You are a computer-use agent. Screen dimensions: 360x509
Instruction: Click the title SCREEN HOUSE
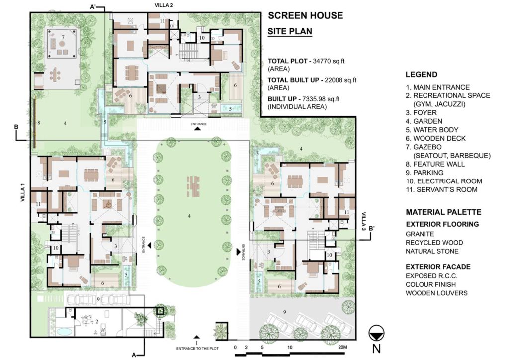pos(305,15)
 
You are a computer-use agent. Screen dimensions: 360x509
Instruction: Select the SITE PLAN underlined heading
pos(290,31)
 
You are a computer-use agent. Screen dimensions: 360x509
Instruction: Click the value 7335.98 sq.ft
pos(320,98)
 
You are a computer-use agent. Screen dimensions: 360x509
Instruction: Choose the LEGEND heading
pos(421,75)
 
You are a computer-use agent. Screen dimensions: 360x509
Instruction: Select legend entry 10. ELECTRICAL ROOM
pos(444,181)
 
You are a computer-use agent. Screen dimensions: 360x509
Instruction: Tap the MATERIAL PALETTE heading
pos(443,212)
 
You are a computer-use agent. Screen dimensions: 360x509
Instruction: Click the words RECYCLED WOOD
pos(434,243)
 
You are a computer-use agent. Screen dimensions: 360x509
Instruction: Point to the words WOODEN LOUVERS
pos(436,293)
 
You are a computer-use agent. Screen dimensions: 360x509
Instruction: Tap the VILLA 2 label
pos(164,5)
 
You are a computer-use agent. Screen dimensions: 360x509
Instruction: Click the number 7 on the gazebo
pos(63,37)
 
